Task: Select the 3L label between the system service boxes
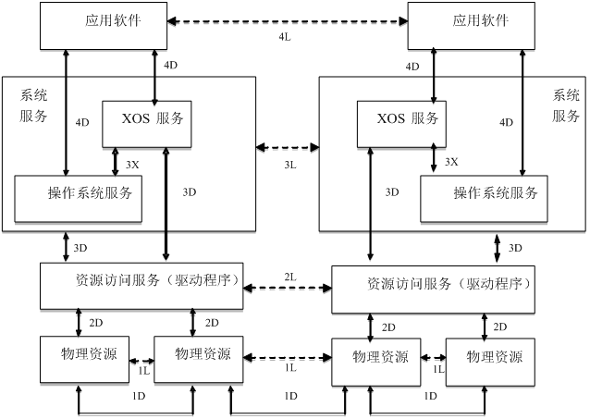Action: point(289,164)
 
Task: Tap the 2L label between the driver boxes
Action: point(289,277)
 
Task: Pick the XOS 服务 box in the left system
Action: point(154,122)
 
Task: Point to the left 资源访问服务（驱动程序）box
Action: point(141,285)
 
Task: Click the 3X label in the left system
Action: point(132,164)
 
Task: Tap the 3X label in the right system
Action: point(451,161)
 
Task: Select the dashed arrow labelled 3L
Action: point(288,146)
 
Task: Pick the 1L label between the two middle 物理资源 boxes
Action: point(289,367)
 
